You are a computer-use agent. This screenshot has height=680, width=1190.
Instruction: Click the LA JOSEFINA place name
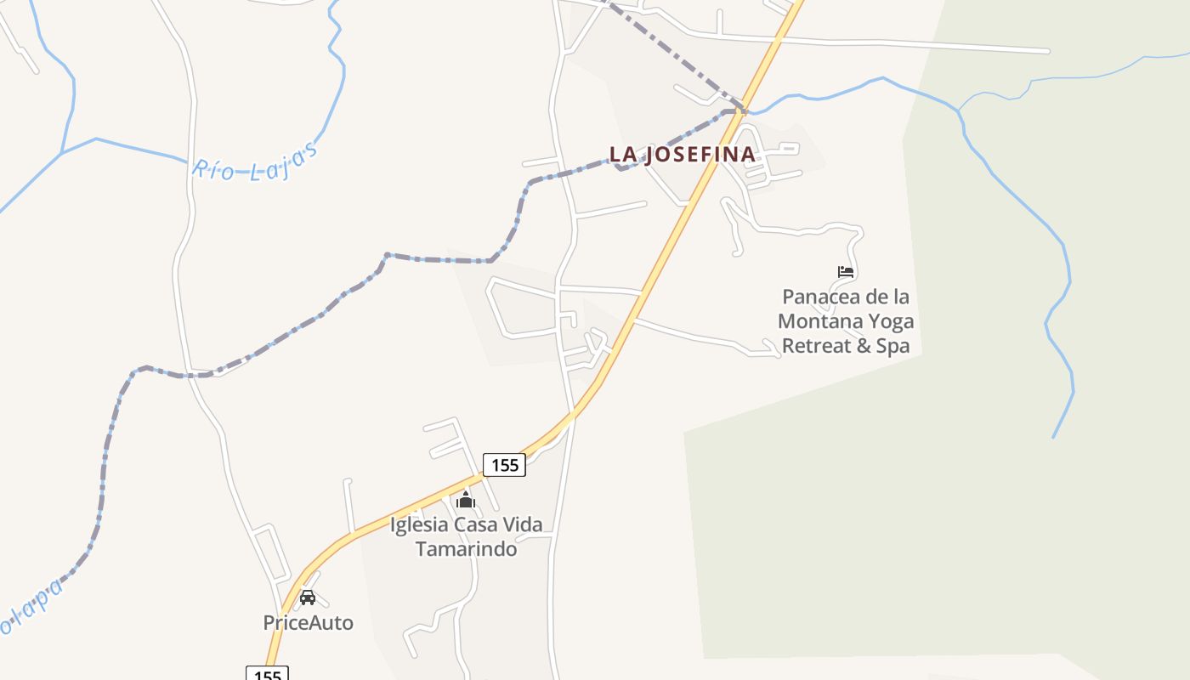[682, 154]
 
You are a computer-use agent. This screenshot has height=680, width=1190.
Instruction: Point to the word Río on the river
[212, 169]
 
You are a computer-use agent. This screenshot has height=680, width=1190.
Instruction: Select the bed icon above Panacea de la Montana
[845, 272]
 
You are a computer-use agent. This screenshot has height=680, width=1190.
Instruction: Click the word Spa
[892, 345]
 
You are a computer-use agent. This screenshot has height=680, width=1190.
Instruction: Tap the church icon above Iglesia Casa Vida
[465, 500]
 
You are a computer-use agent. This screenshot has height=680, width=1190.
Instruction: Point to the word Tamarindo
[466, 548]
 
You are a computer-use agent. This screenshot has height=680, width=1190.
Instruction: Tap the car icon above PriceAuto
[308, 598]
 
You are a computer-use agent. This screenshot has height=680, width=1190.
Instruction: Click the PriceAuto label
[308, 622]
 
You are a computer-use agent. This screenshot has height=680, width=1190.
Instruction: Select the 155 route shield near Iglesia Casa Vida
[504, 465]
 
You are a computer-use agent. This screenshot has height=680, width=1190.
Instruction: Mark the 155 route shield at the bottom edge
[267, 674]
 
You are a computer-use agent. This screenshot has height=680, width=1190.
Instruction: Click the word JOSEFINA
[700, 154]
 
